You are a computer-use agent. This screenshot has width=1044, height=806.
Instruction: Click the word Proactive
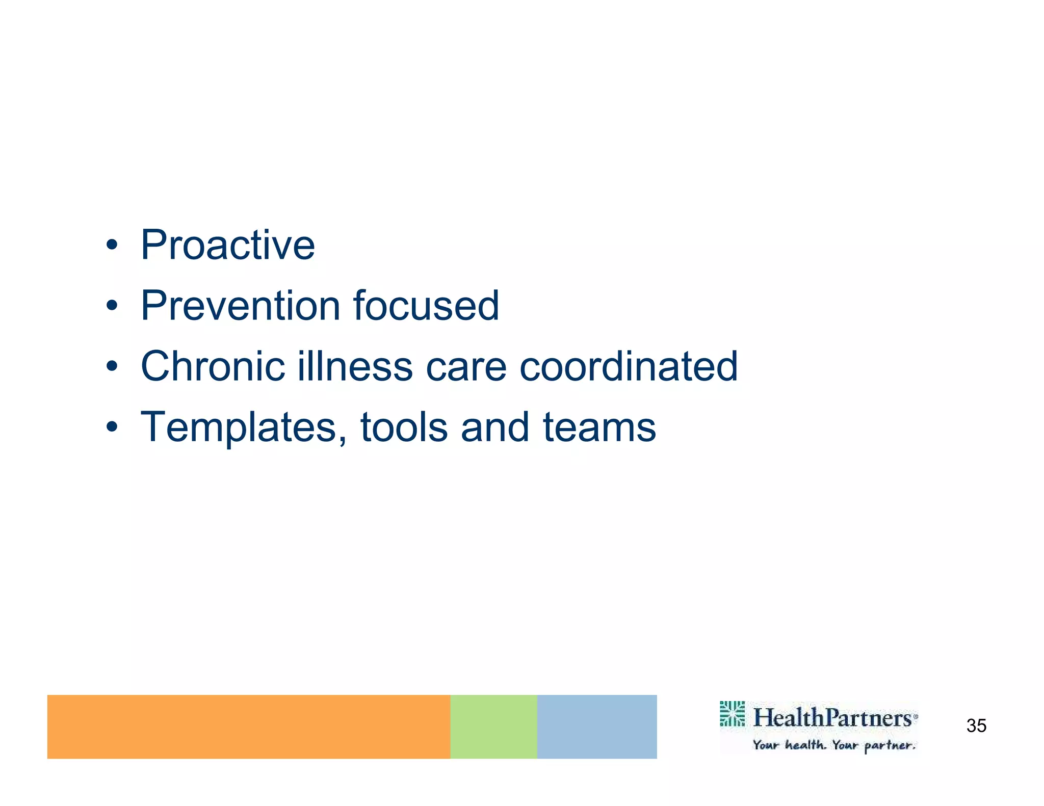(x=227, y=246)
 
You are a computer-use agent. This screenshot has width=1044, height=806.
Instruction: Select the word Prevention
(x=241, y=306)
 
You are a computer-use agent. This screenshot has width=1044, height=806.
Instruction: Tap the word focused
(x=426, y=306)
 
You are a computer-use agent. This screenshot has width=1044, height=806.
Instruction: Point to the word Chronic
(x=213, y=366)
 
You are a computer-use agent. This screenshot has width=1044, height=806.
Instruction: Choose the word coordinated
(x=628, y=366)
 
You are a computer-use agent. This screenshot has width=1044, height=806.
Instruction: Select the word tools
(x=404, y=428)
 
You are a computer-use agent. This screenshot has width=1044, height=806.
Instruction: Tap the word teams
(x=599, y=428)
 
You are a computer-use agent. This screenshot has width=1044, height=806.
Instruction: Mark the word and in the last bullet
(x=494, y=428)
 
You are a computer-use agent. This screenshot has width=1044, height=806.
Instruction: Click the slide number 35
(x=976, y=726)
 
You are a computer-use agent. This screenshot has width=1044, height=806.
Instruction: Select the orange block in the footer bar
(x=248, y=727)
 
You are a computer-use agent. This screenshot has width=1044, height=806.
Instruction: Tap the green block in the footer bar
(x=493, y=727)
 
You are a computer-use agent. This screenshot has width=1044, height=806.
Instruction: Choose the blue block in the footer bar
(x=596, y=727)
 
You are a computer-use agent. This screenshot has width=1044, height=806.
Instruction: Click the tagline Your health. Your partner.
(x=834, y=745)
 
